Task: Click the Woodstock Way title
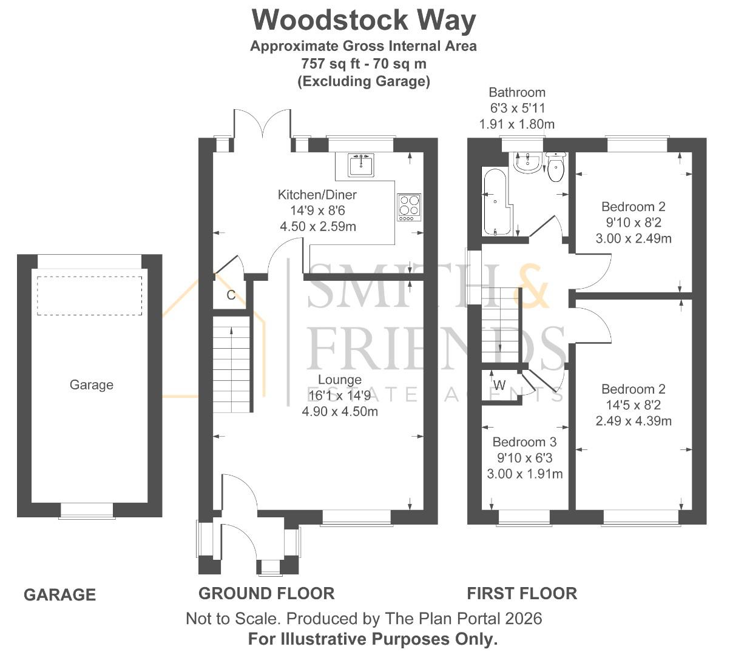364,21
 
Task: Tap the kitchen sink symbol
362,164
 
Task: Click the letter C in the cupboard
231,295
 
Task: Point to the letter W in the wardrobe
499,385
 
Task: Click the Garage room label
91,385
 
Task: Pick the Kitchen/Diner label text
317,195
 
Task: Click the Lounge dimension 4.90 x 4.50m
340,412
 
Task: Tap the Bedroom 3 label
524,442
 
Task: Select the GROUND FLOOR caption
266,593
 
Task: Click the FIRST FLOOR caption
522,593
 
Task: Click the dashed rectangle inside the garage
90,296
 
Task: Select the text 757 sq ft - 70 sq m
363,63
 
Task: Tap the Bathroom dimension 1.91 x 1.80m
517,124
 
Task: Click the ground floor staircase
231,364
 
